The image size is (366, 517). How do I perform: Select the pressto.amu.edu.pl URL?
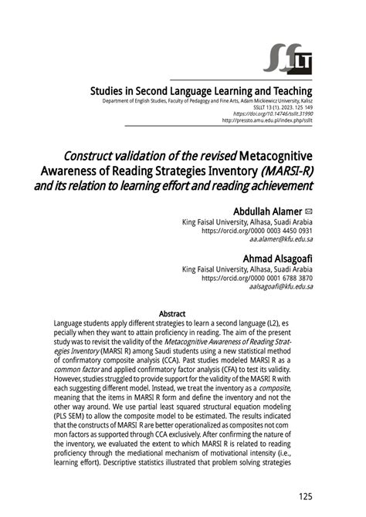pos(267,120)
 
